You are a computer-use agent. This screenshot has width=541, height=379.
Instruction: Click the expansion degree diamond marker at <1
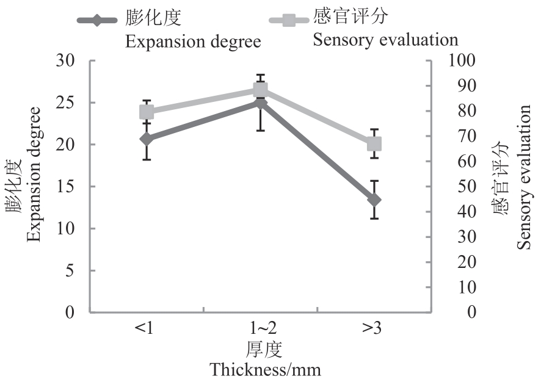pyautogui.click(x=147, y=139)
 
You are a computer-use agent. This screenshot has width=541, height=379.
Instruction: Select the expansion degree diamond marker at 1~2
pyautogui.click(x=261, y=103)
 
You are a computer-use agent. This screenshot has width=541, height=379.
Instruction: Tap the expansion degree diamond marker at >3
pyautogui.click(x=374, y=200)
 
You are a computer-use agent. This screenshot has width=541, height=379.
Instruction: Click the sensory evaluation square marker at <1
pyautogui.click(x=147, y=112)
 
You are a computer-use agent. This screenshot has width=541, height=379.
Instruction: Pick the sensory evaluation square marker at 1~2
pyautogui.click(x=261, y=90)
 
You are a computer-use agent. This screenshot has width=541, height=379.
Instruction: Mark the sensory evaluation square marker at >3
pyautogui.click(x=374, y=144)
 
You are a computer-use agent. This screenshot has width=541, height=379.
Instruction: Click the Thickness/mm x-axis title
pyautogui.click(x=265, y=369)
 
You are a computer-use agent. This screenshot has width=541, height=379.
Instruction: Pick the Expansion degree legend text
pyautogui.click(x=193, y=42)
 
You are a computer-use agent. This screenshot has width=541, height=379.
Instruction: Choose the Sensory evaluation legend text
pyautogui.click(x=385, y=40)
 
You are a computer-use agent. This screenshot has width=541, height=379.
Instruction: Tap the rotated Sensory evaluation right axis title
pyautogui.click(x=525, y=177)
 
